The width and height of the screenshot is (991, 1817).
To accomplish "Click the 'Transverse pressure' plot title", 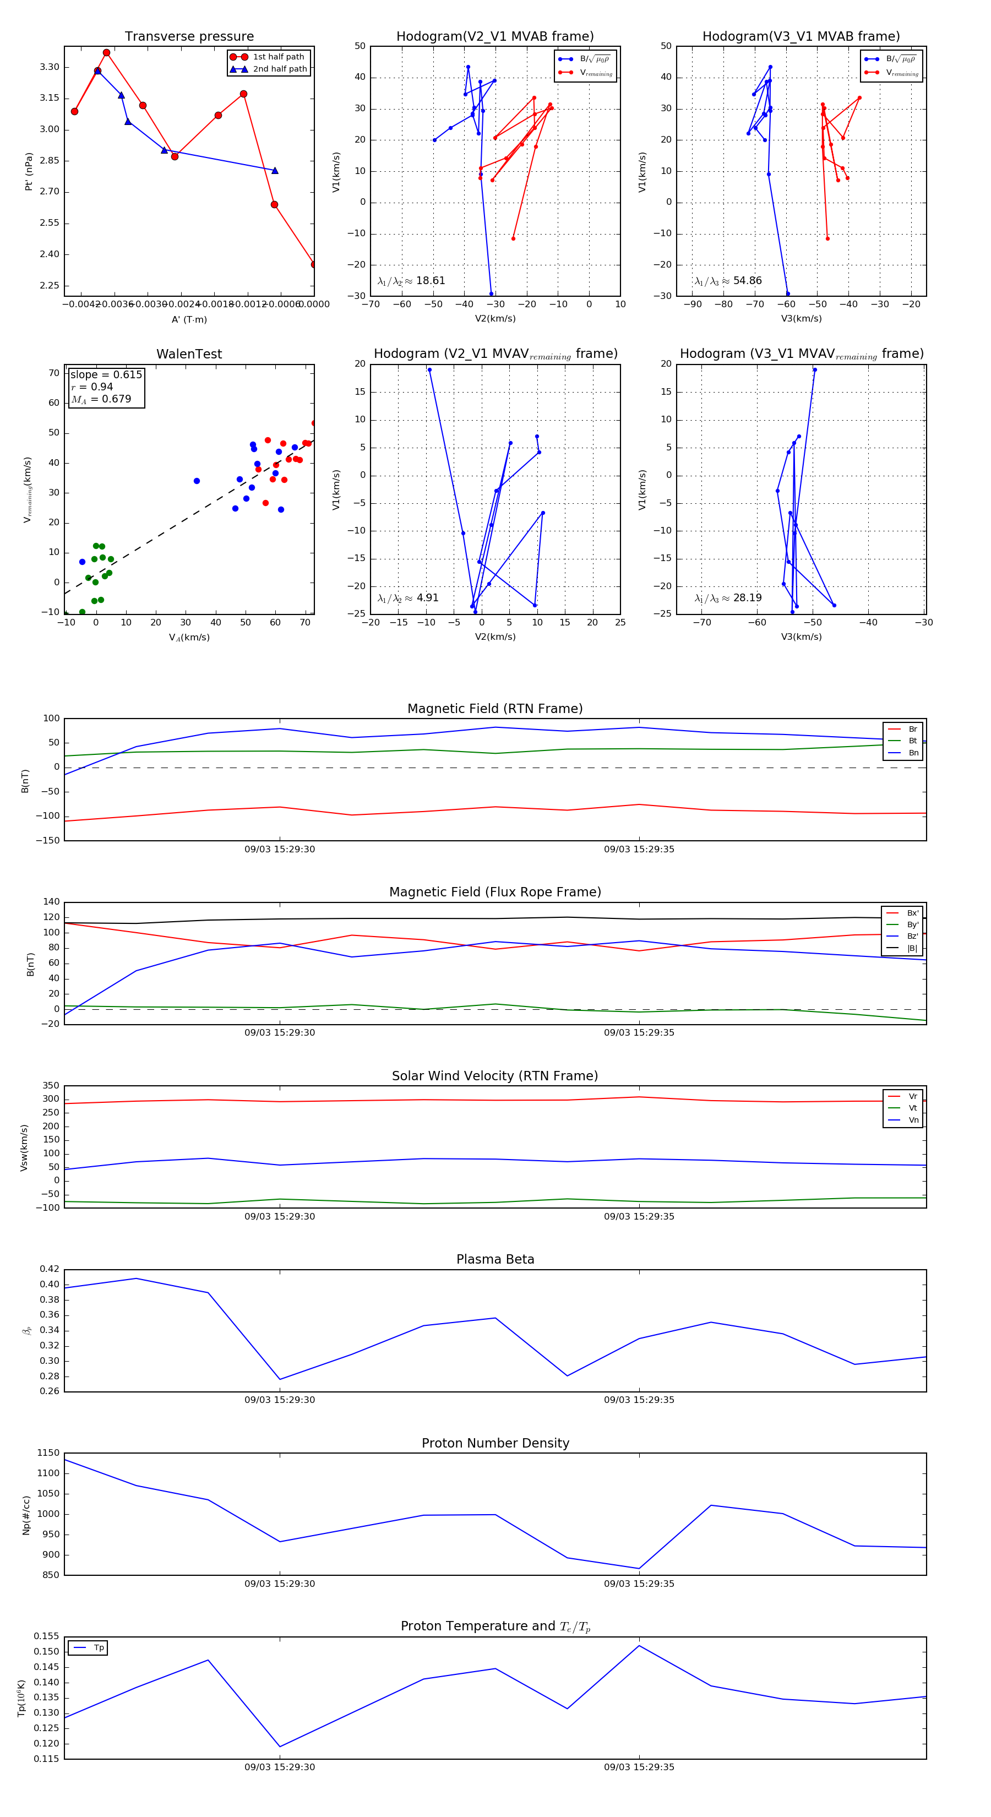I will [189, 37].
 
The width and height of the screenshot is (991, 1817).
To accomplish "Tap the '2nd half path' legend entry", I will [279, 69].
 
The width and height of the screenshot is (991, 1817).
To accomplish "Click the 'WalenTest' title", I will [189, 354].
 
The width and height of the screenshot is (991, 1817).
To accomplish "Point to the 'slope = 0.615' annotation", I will [106, 374].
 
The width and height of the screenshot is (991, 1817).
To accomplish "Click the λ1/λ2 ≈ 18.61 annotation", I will [411, 281].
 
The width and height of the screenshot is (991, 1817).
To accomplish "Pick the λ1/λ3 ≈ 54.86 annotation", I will [728, 281].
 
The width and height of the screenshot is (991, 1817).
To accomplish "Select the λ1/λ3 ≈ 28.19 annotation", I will [728, 598].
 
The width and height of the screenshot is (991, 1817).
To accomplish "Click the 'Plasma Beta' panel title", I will [495, 1260].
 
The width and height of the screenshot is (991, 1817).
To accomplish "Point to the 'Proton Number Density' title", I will [495, 1443].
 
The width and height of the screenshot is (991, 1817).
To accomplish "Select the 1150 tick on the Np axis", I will [48, 1453].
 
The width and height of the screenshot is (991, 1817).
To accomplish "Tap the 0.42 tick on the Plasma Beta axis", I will [50, 1269].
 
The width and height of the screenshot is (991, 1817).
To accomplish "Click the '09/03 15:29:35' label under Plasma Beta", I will [638, 1400].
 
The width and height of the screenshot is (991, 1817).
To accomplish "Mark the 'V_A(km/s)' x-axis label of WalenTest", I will [189, 638].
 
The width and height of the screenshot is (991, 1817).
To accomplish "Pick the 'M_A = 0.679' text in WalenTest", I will [101, 399].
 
